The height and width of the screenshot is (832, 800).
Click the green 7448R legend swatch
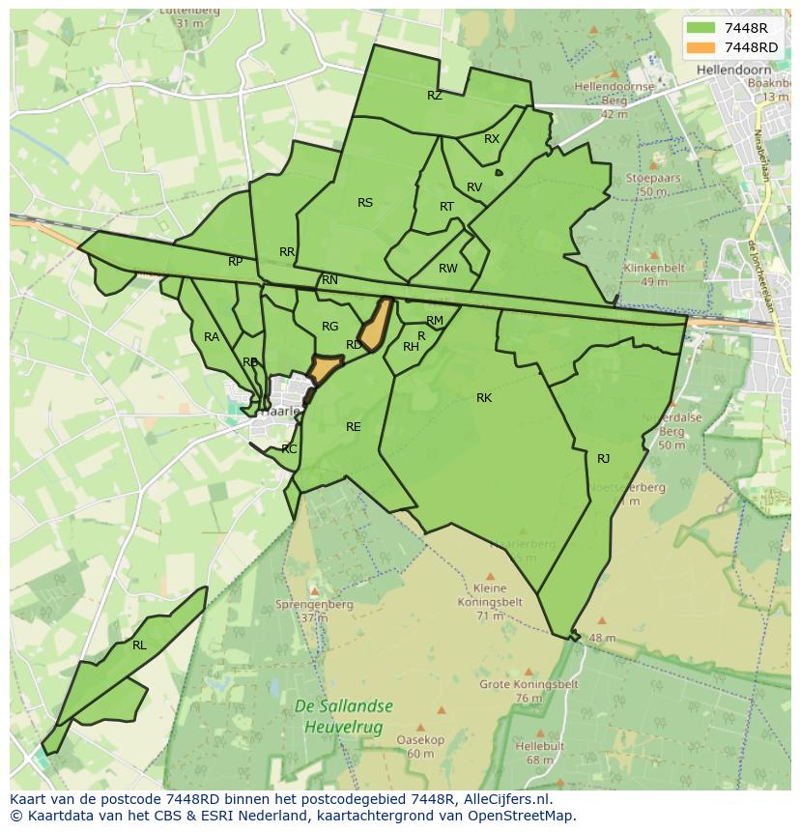pos(701,28)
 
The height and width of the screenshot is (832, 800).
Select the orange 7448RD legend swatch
pos(701,47)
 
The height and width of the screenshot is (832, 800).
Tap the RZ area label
pos(435,96)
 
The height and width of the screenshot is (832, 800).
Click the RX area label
pos(492,139)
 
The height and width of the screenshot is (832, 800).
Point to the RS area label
pos(365,203)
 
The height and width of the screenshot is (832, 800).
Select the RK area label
pos(484,398)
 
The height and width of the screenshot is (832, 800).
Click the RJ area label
pos(604,459)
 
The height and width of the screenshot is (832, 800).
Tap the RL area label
pos(139,646)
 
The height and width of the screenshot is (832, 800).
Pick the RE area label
pos(354,427)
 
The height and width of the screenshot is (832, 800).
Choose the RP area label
pos(236,262)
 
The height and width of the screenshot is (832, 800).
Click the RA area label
pos(211,337)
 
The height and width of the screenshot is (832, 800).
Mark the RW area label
pos(448,269)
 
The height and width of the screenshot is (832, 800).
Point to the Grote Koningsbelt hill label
pos(529,684)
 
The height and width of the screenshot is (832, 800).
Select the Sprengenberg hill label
pos(314,605)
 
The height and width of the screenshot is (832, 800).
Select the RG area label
pos(330,327)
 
